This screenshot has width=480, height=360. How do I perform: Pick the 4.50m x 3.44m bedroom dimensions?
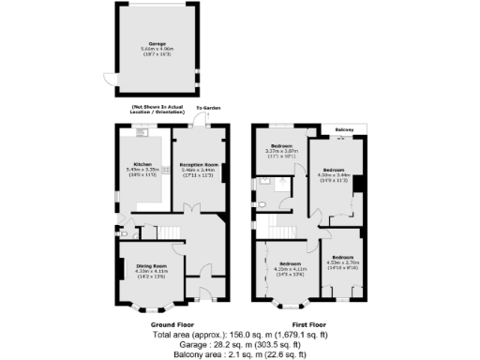coord(334,174)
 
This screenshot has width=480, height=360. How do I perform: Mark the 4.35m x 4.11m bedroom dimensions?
coord(289,269)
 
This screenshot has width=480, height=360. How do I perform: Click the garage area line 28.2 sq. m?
coord(240,344)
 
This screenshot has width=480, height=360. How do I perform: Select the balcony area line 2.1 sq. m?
coord(240,354)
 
